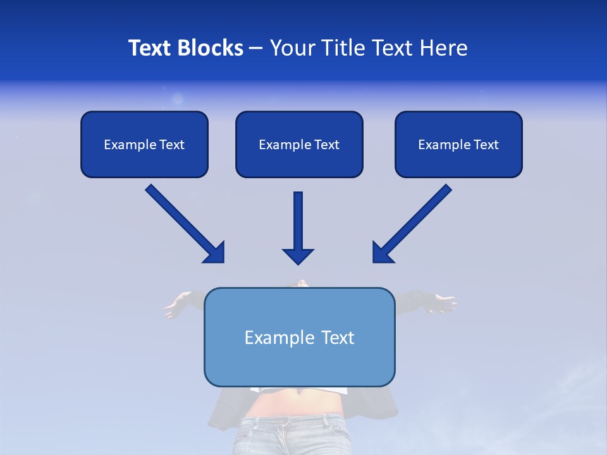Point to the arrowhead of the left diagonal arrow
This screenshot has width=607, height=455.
[216, 253]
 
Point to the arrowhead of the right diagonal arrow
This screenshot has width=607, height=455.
[381, 253]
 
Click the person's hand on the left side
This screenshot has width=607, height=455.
[176, 308]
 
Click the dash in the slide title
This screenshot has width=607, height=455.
[256, 49]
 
